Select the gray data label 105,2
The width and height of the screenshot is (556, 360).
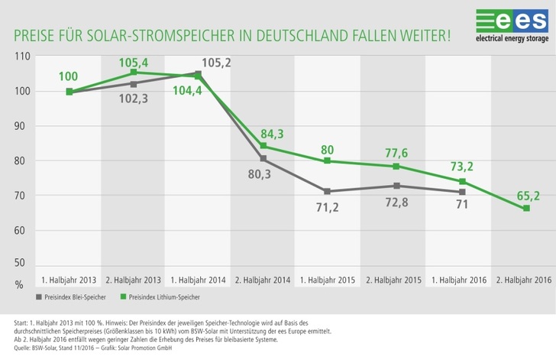(217, 63)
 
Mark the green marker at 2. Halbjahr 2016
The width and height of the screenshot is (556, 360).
(526, 209)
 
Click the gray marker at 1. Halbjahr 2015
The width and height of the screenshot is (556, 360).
(327, 191)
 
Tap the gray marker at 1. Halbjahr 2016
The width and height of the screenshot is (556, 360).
(462, 192)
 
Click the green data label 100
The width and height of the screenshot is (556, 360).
(69, 76)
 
